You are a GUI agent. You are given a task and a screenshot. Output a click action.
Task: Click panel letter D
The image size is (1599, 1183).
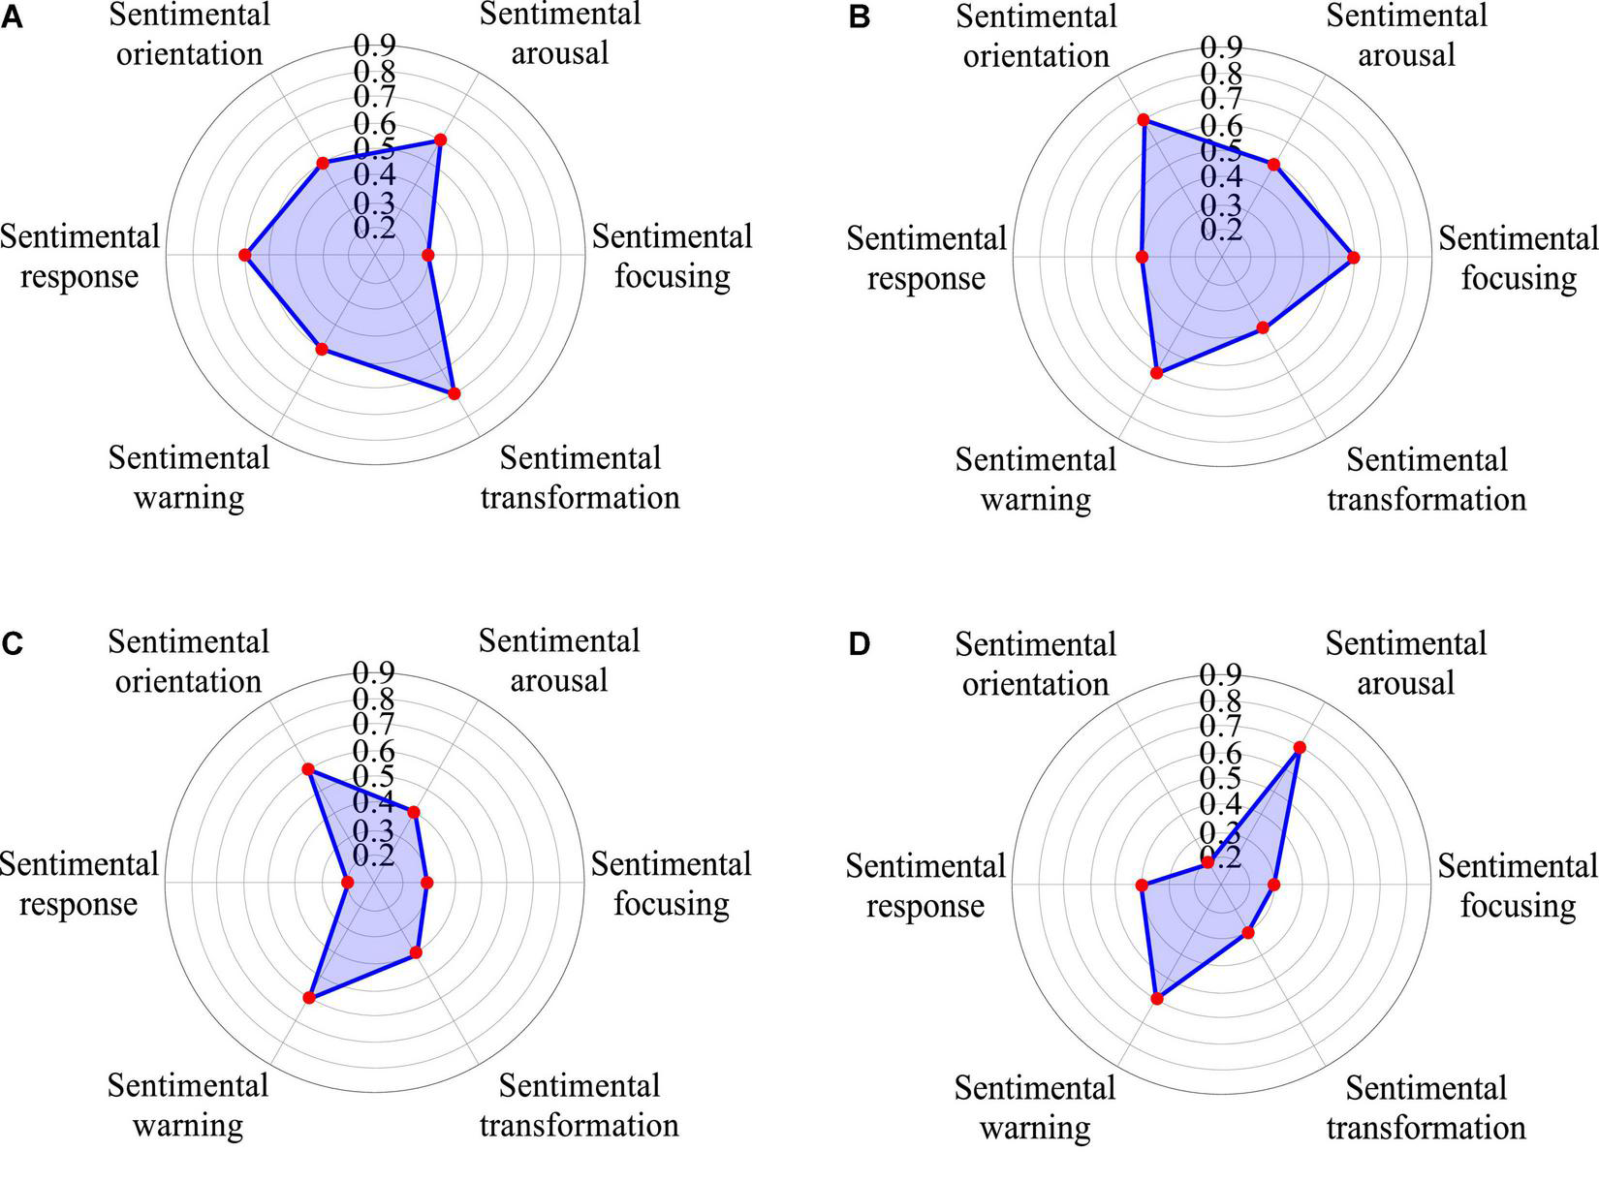(x=859, y=645)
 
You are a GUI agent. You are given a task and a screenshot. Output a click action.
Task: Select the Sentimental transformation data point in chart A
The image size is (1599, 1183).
(x=455, y=393)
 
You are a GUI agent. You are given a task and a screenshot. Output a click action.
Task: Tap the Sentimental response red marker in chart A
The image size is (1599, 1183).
(x=245, y=255)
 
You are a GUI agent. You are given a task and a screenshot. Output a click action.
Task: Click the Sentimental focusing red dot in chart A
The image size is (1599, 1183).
(x=428, y=255)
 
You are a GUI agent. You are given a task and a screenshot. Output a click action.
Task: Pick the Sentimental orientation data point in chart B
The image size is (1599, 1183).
(x=1144, y=120)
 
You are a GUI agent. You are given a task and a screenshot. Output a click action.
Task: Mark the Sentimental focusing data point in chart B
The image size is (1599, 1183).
(x=1353, y=258)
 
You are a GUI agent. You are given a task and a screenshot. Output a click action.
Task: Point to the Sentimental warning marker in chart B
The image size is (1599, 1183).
(x=1156, y=373)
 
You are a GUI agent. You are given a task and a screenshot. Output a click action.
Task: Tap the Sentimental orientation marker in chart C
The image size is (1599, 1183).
(x=308, y=769)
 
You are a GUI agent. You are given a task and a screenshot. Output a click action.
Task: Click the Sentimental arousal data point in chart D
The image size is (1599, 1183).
(x=1300, y=748)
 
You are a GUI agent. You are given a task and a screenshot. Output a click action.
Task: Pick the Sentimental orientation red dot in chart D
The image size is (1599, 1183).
(x=1207, y=861)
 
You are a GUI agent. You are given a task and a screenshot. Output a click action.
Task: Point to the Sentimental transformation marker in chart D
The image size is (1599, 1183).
(x=1248, y=932)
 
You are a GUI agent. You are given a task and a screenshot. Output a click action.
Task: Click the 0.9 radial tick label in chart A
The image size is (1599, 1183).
(x=374, y=46)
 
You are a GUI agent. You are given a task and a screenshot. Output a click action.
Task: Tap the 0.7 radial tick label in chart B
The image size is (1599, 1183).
(x=1221, y=100)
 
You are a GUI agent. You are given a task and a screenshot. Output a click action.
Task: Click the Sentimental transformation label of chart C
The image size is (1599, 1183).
(x=580, y=1105)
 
